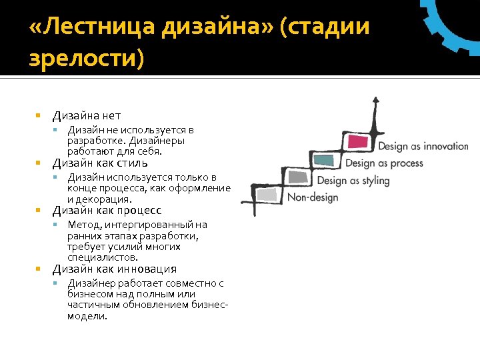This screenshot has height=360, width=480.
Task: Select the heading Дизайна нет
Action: coord(87,116)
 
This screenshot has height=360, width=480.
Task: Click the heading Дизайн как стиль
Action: coord(100,163)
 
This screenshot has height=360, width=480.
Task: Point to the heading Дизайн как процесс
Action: coord(107,211)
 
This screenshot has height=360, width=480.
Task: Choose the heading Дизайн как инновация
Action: coord(115,269)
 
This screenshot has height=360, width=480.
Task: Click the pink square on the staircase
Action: coord(359,141)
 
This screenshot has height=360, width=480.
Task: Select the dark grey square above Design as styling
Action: coord(297,177)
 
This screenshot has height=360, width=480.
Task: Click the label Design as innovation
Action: coord(423,147)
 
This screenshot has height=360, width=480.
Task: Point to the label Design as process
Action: coord(384,163)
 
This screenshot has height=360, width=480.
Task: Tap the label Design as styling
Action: coord(353,181)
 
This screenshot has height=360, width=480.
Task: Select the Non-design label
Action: coord(313,197)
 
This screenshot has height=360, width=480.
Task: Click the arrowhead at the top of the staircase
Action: coord(376,101)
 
